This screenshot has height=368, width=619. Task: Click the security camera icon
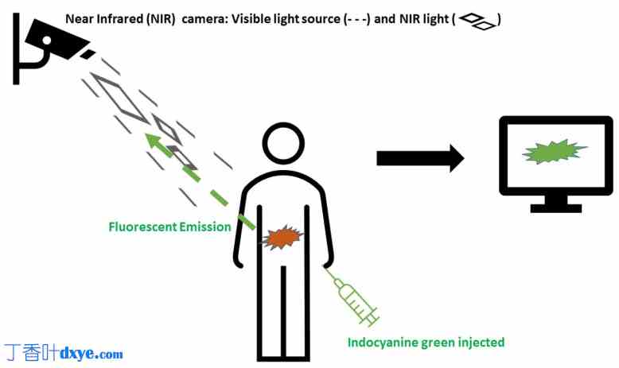pyautogui.click(x=52, y=44)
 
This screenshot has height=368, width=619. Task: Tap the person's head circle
pyautogui.click(x=283, y=143)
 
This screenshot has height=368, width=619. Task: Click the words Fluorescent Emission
pyautogui.click(x=169, y=227)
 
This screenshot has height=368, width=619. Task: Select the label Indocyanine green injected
pyautogui.click(x=426, y=343)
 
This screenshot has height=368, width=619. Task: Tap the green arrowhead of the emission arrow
pyautogui.click(x=153, y=141)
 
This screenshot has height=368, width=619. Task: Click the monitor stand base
pyautogui.click(x=556, y=208)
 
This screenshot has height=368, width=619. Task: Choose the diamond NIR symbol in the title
pyautogui.click(x=477, y=20)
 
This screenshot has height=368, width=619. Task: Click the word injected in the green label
pyautogui.click(x=477, y=343)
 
